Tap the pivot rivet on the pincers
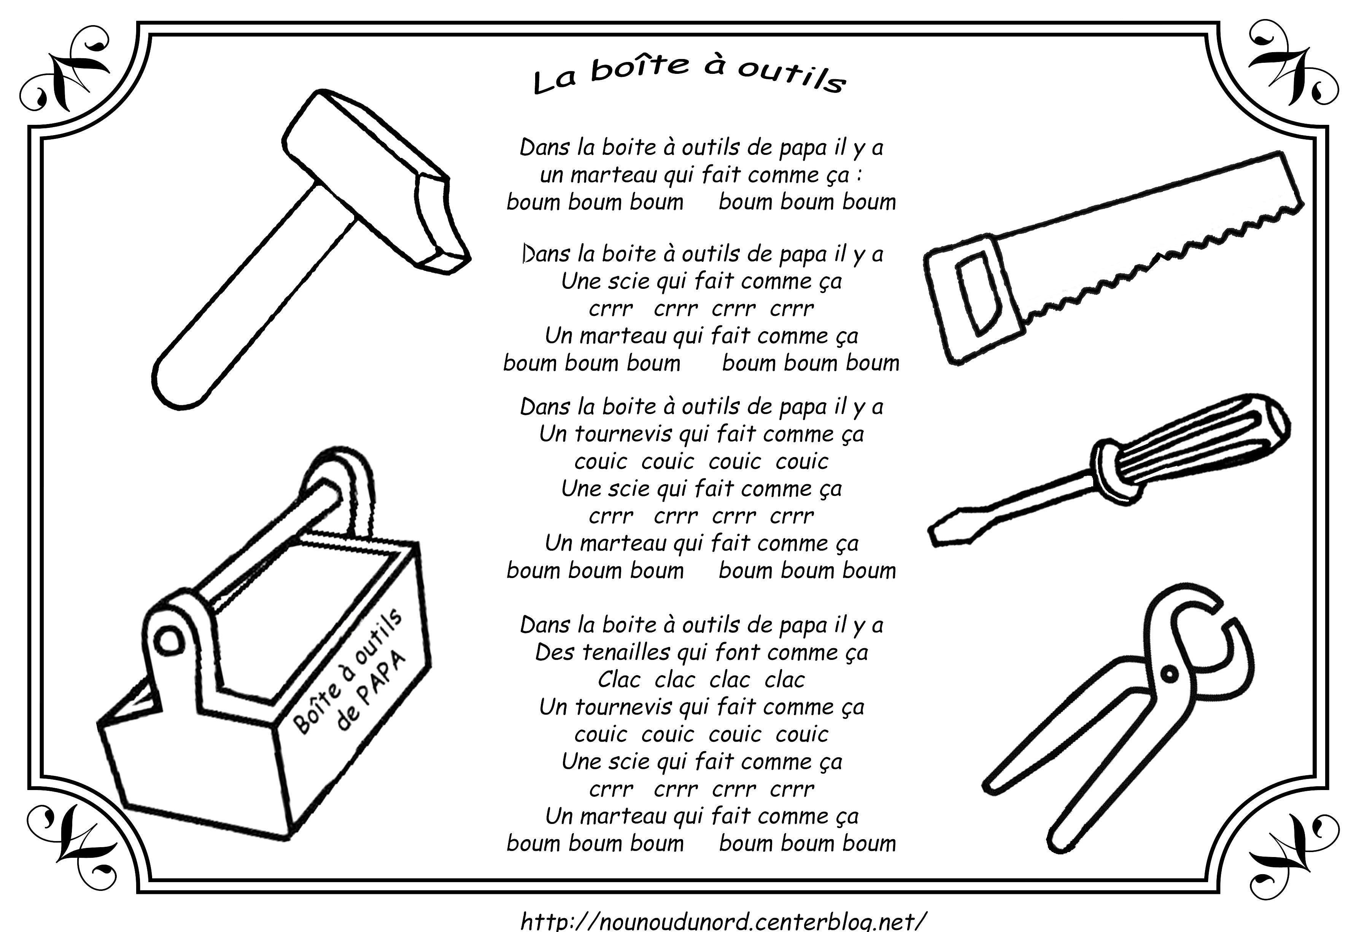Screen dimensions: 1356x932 (1169, 674)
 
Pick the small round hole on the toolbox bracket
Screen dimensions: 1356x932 (169, 640)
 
